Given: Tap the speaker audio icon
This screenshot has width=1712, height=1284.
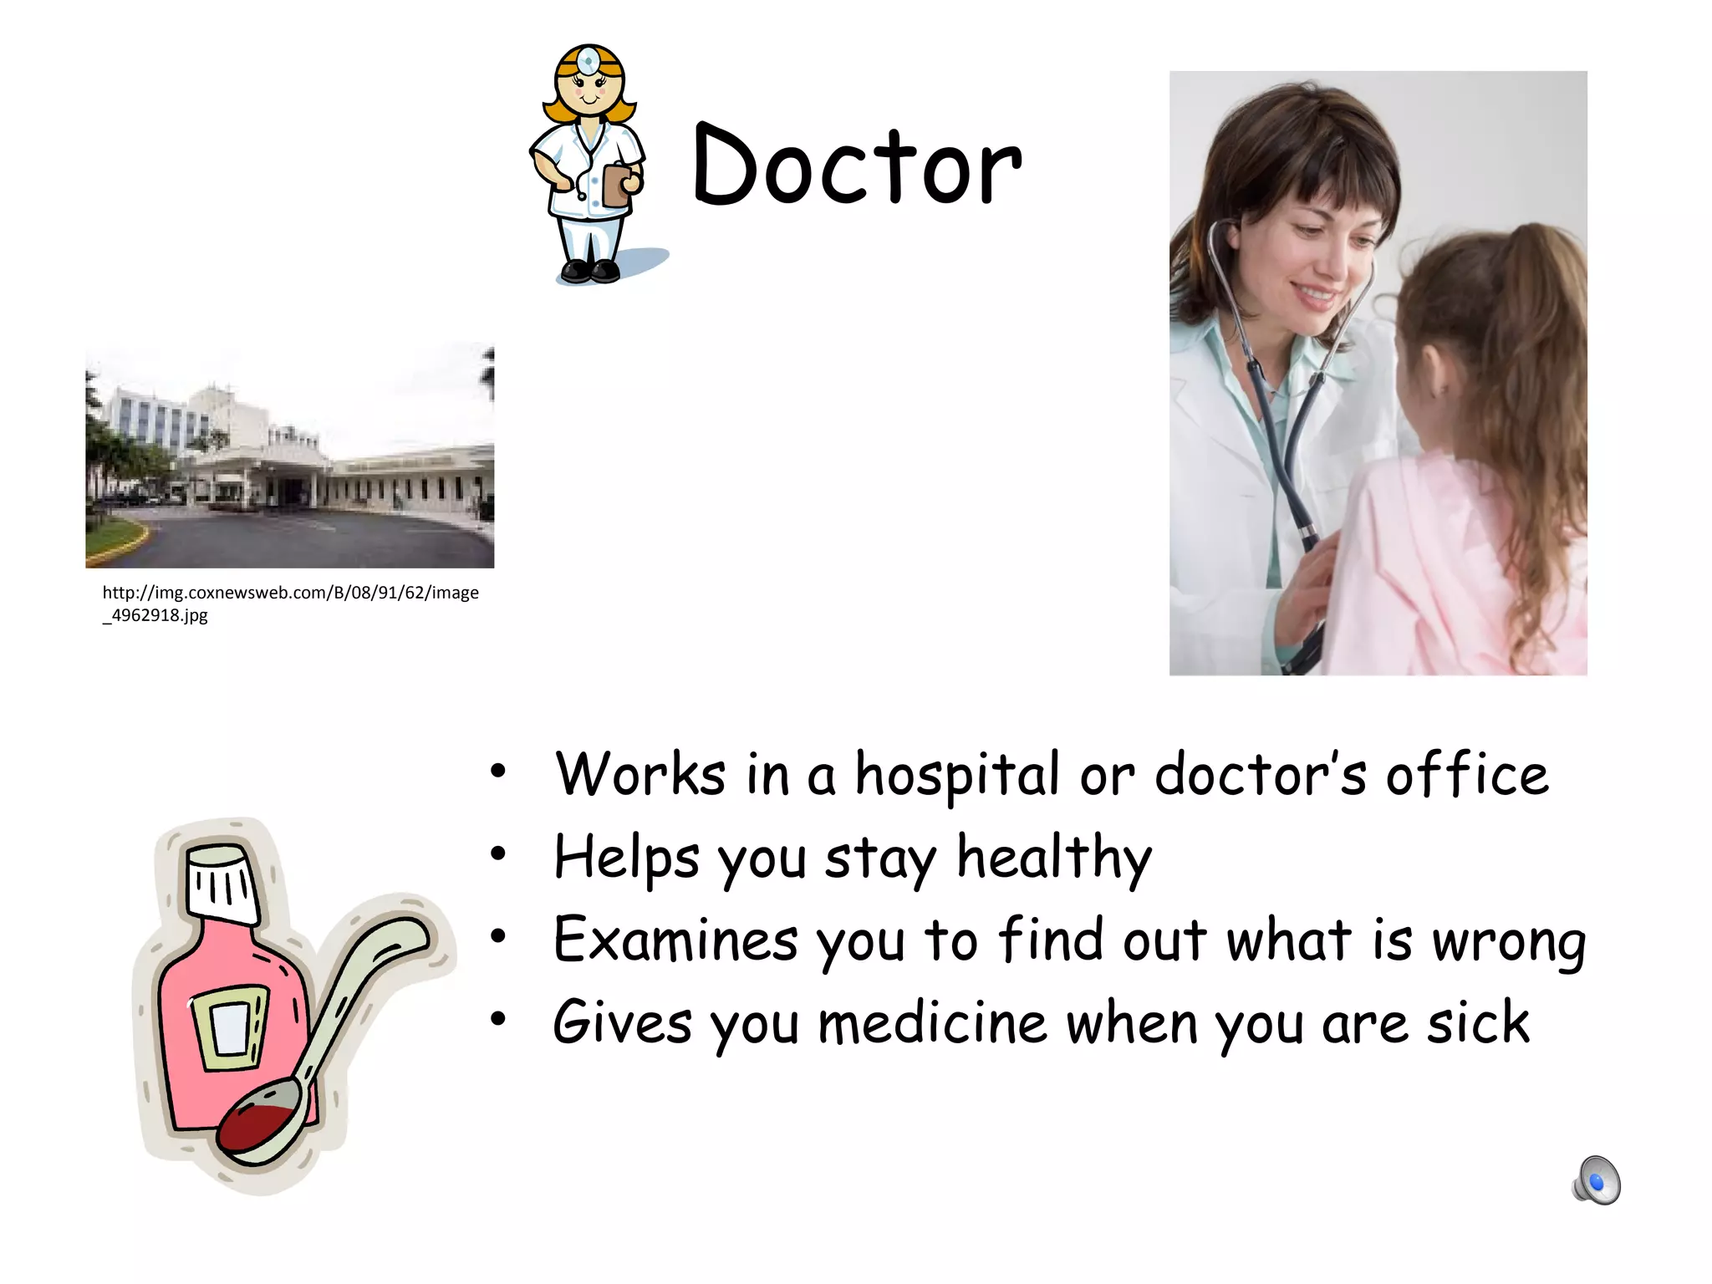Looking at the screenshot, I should coord(1597,1180).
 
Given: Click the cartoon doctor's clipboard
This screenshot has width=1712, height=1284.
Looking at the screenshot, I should coord(617,184).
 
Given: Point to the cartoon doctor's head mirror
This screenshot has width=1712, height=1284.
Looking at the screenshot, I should coord(589,61).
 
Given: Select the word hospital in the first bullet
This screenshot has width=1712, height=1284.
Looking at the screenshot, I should coord(956,776).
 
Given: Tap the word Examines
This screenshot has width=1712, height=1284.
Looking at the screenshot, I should coord(675,940).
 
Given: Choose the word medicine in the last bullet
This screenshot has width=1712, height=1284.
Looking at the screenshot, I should coord(932,1023).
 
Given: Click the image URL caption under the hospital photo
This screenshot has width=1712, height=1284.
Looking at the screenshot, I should coord(290,604).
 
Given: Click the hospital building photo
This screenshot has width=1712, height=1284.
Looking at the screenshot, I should coord(289,456).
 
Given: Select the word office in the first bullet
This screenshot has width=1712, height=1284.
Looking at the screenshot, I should coord(1467,774).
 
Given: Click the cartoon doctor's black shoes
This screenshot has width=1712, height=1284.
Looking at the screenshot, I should coord(590,270).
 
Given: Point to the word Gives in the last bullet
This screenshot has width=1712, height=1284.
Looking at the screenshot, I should coord(623,1023).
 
